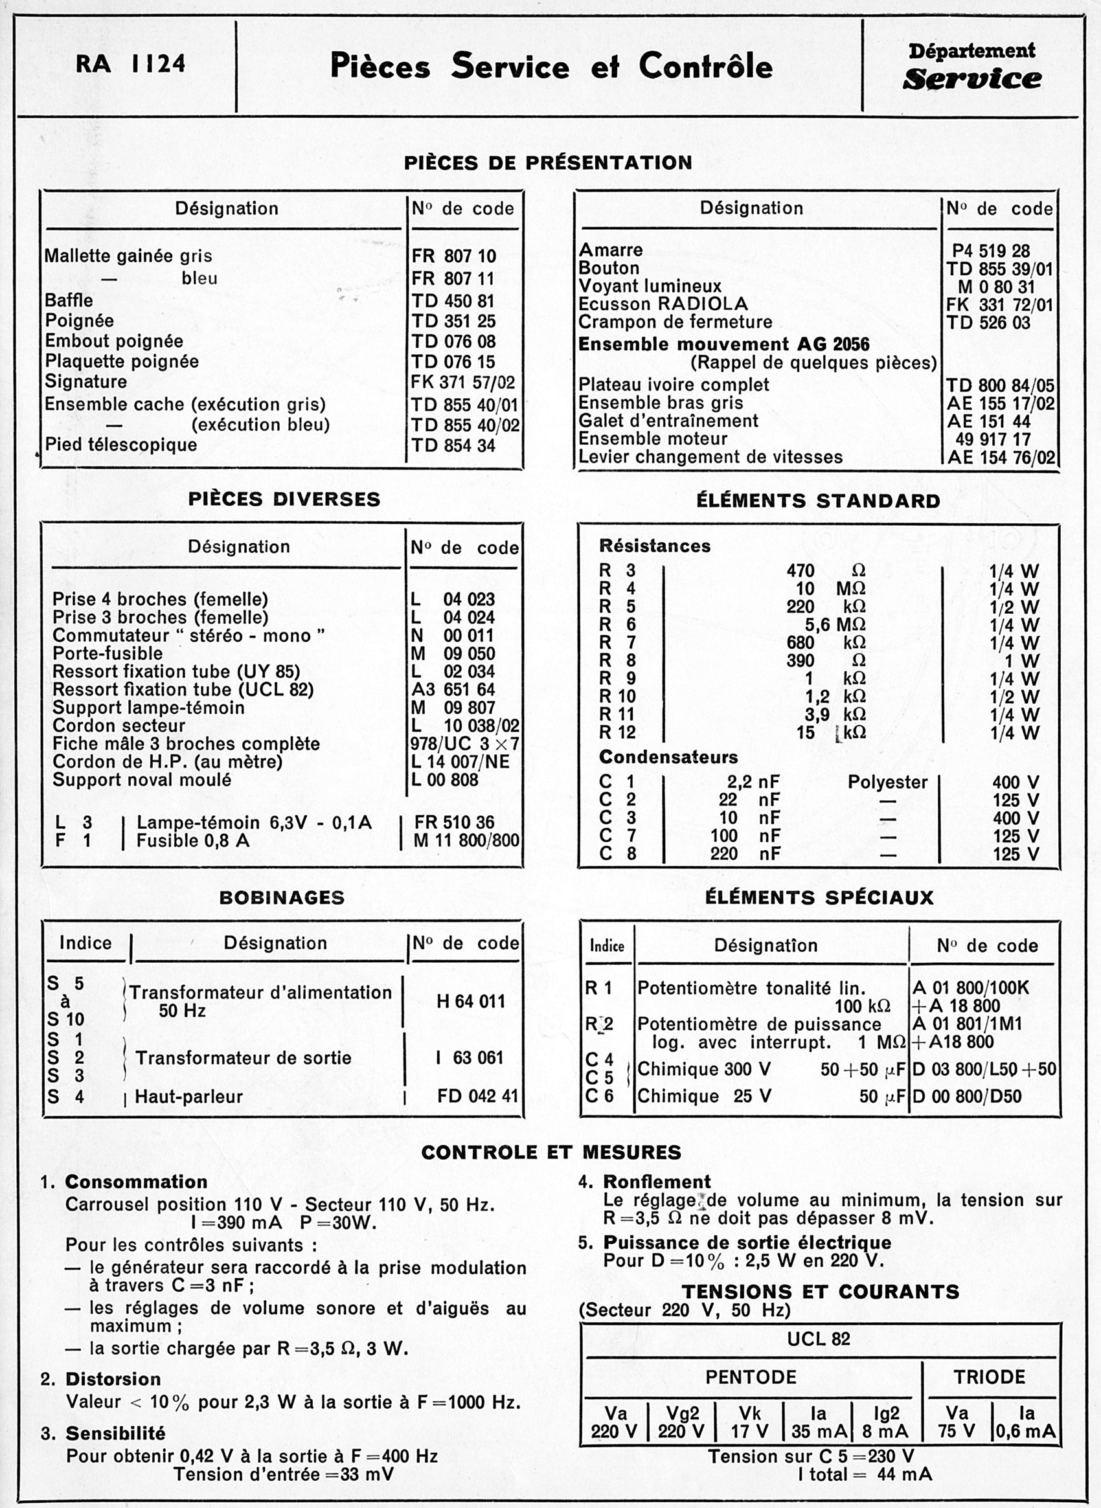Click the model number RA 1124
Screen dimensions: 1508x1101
[130, 64]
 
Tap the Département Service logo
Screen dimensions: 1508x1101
[971, 67]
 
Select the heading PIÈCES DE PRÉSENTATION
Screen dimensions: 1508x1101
[548, 163]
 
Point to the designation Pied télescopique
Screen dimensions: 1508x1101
[120, 444]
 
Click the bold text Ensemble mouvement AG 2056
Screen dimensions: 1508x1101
[724, 344]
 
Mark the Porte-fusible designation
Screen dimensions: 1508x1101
[108, 653]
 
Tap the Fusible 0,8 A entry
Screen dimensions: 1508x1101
[192, 840]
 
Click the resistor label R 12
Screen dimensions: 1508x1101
[617, 732]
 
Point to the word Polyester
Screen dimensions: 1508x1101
[887, 782]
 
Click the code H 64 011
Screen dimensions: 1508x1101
[471, 1001]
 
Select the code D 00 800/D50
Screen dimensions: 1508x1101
[966, 1096]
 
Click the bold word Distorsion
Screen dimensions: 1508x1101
[113, 1379]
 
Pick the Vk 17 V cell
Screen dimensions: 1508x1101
[749, 1422]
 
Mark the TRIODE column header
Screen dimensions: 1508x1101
[989, 1377]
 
